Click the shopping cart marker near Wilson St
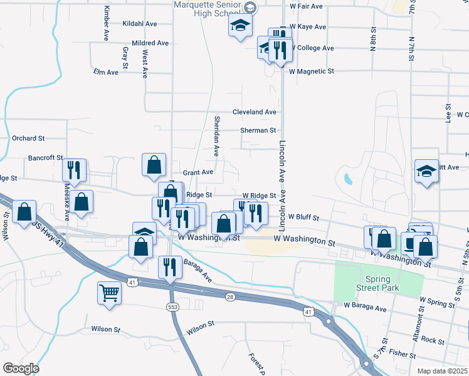click(x=110, y=292)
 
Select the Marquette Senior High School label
click(x=209, y=7)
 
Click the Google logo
click(x=21, y=368)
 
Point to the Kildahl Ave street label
click(x=140, y=23)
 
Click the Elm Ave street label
click(x=105, y=72)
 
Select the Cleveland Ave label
click(x=254, y=112)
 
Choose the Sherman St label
click(x=258, y=130)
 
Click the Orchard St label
click(x=28, y=138)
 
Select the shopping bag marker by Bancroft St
click(x=154, y=165)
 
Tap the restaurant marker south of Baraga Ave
click(x=170, y=268)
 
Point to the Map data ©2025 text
click(x=441, y=371)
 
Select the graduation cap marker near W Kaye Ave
click(x=239, y=27)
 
